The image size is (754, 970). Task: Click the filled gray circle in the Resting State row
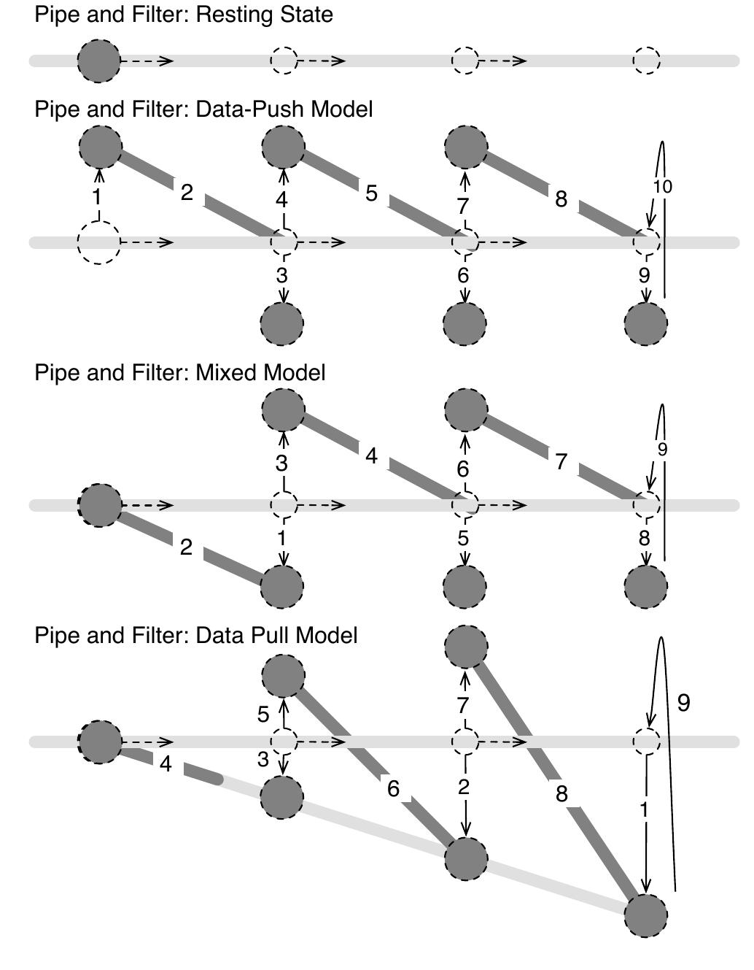click(99, 61)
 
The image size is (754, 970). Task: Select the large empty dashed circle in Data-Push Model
click(99, 242)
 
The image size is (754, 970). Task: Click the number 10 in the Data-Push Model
click(662, 187)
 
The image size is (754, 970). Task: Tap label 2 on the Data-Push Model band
click(187, 193)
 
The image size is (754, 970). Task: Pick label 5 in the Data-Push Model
click(371, 194)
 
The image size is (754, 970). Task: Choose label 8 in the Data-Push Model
click(561, 199)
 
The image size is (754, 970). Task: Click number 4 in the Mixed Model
click(371, 457)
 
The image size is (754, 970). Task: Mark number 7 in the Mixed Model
click(561, 462)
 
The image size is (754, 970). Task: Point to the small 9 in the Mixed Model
click(662, 450)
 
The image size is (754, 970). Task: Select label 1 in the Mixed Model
click(282, 539)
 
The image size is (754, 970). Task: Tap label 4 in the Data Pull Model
click(166, 765)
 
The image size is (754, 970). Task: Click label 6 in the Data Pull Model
click(394, 789)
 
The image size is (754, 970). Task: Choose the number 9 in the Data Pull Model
click(683, 703)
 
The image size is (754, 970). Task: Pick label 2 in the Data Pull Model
click(464, 788)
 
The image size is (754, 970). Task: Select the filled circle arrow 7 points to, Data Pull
click(465, 647)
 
